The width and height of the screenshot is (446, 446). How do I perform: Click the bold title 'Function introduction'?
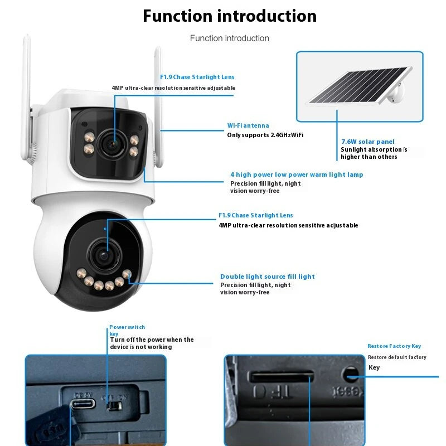[229, 16]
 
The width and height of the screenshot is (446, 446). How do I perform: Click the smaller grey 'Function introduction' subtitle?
[229, 38]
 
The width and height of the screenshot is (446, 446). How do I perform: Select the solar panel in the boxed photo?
[357, 86]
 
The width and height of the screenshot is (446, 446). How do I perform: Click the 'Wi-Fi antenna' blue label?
[248, 126]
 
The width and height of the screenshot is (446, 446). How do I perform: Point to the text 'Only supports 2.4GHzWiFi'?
[265, 135]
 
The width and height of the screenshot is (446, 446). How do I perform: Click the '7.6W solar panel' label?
[367, 142]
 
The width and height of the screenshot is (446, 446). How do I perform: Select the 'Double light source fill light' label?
[268, 277]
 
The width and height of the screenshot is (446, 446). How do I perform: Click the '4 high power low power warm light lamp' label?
[297, 174]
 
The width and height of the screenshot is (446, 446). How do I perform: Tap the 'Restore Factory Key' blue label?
[394, 346]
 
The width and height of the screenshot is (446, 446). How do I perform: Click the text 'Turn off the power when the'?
[152, 340]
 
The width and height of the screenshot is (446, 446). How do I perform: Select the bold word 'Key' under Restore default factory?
[374, 367]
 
